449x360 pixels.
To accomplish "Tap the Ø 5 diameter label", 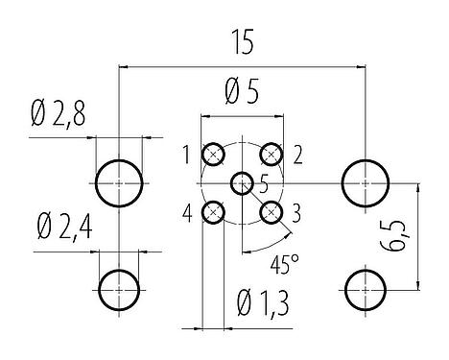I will click(243, 94).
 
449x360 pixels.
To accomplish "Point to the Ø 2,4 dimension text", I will click(62, 230).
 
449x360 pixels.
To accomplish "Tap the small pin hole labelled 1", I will click(214, 155).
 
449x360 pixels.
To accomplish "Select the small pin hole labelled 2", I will click(272, 155).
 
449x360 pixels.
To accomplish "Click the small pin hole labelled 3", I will click(272, 212).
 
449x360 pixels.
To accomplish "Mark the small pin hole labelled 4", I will click(214, 212).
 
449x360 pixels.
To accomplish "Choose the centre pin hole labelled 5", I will click(243, 182).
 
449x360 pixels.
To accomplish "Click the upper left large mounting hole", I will click(119, 181).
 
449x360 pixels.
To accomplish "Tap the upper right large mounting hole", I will click(366, 180).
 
